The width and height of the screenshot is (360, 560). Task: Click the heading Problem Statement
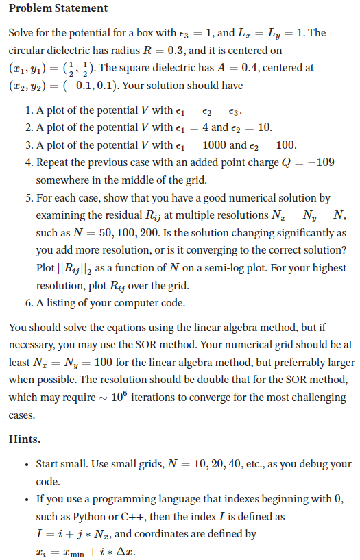[58, 8]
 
